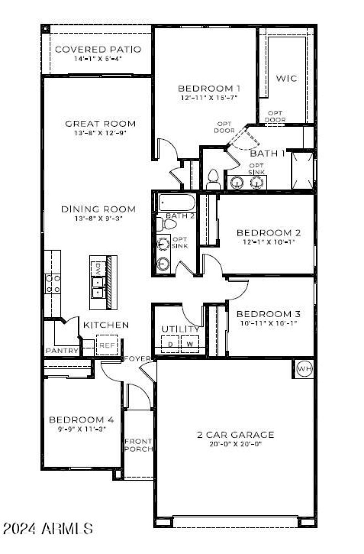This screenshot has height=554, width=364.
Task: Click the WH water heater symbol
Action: click(x=304, y=369)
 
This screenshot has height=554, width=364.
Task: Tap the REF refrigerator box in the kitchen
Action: click(x=107, y=345)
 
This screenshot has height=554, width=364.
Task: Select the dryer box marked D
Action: click(x=170, y=344)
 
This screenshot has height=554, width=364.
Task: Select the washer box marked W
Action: click(x=190, y=344)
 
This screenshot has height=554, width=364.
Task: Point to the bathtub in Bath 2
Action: click(x=177, y=202)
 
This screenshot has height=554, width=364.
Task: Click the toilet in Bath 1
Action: click(x=213, y=180)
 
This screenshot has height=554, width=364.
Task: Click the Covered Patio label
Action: click(x=98, y=49)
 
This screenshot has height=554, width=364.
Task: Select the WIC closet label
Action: click(x=287, y=78)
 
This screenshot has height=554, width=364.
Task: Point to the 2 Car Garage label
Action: click(x=235, y=434)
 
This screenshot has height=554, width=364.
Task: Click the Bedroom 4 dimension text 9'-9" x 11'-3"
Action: click(x=81, y=429)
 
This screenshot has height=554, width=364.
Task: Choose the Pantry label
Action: click(x=62, y=351)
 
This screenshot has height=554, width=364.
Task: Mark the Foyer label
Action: click(x=137, y=359)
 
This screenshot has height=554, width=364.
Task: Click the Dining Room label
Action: click(x=98, y=209)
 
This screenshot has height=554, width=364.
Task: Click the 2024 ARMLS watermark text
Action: click(x=48, y=528)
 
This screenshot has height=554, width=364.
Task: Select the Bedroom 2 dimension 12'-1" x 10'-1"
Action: click(x=268, y=242)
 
